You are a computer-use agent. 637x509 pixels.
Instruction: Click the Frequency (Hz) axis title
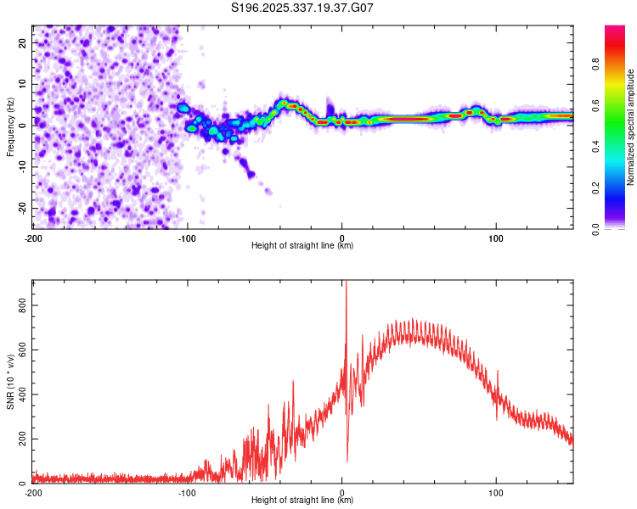point(10,126)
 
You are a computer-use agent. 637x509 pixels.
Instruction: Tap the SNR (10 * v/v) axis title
point(10,381)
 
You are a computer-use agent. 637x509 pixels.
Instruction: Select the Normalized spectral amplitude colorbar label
point(631,126)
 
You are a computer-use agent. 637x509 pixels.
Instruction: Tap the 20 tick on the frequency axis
point(23,42)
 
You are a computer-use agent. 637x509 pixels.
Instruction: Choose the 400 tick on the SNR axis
point(23,394)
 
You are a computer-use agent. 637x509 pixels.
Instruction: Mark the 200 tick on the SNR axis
point(23,439)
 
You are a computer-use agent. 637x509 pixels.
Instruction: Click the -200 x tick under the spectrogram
point(33,238)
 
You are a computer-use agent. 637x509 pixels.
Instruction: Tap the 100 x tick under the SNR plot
point(496,492)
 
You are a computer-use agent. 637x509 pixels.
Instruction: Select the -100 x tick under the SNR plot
point(187,492)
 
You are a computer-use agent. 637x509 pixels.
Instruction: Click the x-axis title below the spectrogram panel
point(302,246)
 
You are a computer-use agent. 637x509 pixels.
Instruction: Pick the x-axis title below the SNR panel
point(302,501)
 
